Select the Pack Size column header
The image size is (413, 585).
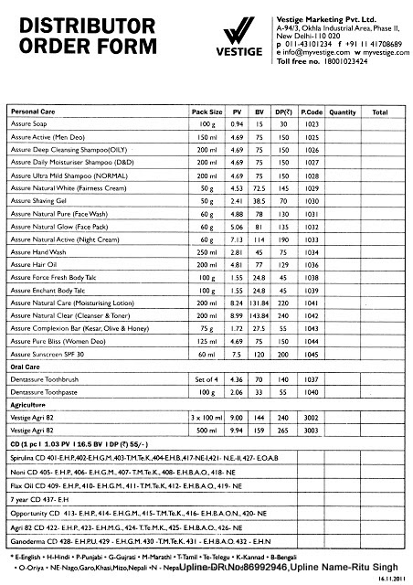pyautogui.click(x=207, y=112)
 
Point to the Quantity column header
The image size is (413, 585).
pyautogui.click(x=343, y=112)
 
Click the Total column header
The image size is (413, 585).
pyautogui.click(x=380, y=112)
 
